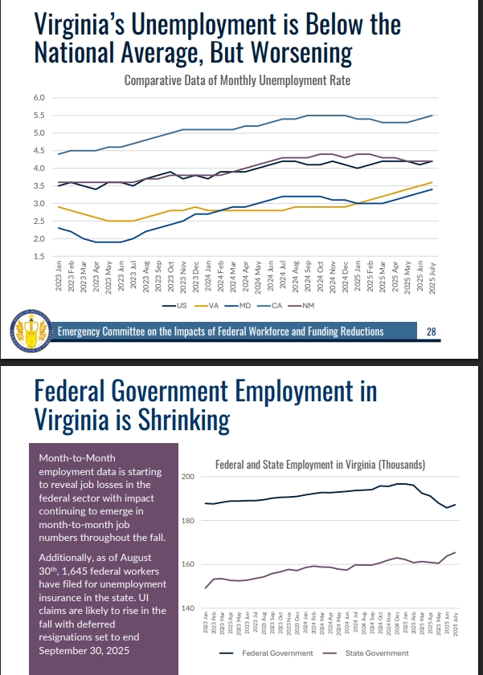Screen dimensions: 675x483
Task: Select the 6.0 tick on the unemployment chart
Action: tap(38, 98)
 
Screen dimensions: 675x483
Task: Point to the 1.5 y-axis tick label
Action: tap(38, 257)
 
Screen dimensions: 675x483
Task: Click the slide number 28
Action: tap(431, 331)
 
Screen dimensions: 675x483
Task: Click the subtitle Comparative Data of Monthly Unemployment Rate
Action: tap(237, 80)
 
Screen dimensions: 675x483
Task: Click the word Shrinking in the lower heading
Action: tap(172, 420)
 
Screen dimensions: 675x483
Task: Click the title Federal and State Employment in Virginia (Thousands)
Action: tap(321, 465)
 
